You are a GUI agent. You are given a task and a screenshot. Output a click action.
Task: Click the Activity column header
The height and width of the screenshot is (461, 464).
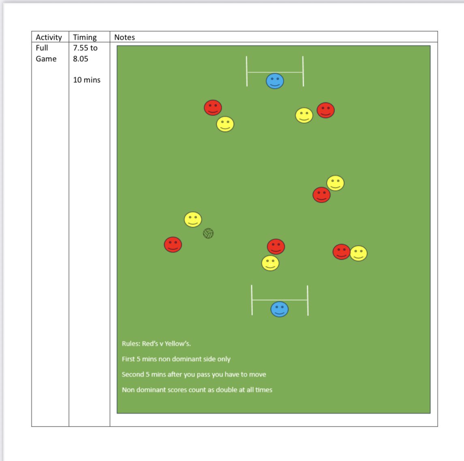click(x=49, y=37)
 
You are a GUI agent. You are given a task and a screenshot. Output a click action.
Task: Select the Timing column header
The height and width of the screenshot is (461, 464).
click(x=85, y=37)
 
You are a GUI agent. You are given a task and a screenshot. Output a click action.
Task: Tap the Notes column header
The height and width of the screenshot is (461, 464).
click(x=124, y=37)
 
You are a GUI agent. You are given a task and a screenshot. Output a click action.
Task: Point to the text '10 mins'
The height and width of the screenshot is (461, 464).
click(x=87, y=80)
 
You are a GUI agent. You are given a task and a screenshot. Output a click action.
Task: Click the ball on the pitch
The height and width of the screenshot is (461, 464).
click(x=208, y=233)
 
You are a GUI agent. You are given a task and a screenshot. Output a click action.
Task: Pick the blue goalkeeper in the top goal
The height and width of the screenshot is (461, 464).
click(x=275, y=81)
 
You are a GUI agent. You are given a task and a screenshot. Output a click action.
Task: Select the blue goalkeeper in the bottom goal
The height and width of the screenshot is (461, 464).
click(x=279, y=309)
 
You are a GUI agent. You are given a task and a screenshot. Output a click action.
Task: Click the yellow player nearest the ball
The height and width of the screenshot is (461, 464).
click(x=193, y=219)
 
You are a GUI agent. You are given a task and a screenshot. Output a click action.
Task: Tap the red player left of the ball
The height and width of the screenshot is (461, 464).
click(x=173, y=244)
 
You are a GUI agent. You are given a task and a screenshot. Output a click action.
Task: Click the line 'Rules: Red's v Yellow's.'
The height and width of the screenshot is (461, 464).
click(x=156, y=343)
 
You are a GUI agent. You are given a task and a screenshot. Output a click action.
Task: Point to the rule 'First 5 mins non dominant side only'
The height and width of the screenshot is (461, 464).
click(x=176, y=359)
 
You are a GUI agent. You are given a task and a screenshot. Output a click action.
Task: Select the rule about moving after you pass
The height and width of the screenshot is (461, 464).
click(x=194, y=374)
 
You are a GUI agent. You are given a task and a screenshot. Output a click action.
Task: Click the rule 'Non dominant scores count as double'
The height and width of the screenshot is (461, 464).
click(x=197, y=390)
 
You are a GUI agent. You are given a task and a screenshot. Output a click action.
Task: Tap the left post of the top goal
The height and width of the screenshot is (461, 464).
click(x=247, y=71)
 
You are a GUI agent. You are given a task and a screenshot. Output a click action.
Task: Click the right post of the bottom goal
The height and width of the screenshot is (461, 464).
click(x=308, y=300)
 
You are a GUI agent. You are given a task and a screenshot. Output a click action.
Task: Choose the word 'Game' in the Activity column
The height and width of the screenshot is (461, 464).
click(x=46, y=59)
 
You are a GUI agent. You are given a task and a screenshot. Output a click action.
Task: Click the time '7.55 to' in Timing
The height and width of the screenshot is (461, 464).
click(x=85, y=48)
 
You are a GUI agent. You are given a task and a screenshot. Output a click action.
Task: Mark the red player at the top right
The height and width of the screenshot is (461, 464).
click(x=325, y=110)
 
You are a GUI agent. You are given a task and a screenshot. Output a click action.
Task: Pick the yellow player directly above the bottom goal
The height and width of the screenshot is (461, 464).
click(x=270, y=263)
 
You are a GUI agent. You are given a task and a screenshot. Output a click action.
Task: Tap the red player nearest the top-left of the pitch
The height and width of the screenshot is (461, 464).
click(x=213, y=107)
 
